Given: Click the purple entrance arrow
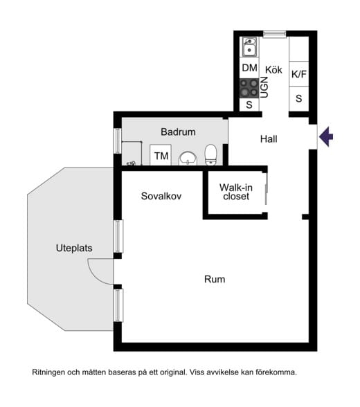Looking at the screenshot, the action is click(326, 136).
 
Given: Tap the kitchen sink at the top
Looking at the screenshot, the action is click(249, 46).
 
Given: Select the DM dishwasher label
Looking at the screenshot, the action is click(249, 68).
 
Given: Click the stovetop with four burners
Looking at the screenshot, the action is click(249, 88).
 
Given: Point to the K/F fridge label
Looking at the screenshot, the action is click(299, 74).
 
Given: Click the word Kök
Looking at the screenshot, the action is click(273, 69).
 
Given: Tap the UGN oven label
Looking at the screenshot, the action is click(264, 87).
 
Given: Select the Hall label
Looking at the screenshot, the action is click(269, 139).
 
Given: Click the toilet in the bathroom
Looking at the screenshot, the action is click(210, 155).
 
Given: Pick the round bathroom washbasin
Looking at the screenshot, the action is click(188, 159).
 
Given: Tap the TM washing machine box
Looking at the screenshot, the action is click(161, 155).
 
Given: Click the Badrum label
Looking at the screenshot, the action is click(178, 132).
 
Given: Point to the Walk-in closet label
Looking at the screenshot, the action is click(236, 192).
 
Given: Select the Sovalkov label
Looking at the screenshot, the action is click(161, 196).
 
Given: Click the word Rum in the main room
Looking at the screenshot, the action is click(215, 280).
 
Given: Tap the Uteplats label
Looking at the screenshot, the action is click(74, 248).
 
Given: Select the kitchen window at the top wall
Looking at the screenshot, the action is click(275, 34).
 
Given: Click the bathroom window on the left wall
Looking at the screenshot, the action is click(118, 141).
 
